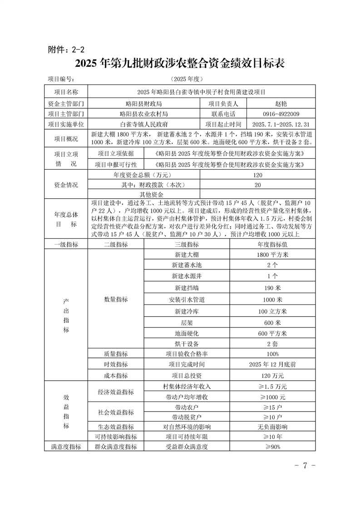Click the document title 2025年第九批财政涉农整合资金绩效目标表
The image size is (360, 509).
coord(180,64)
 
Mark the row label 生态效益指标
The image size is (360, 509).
coord(116,427)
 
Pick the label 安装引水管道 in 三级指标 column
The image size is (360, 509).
coord(187,300)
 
